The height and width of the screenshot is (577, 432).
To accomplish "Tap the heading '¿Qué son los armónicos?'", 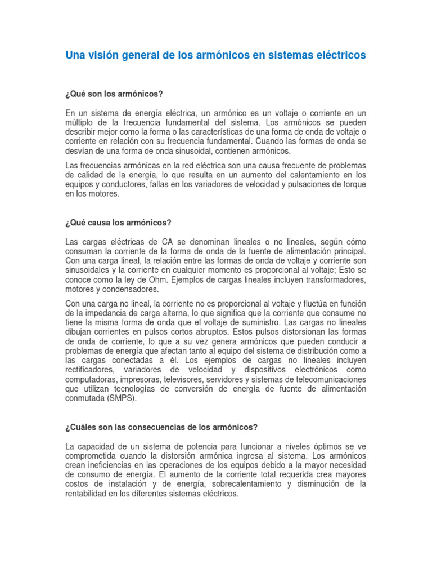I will (x=114, y=93).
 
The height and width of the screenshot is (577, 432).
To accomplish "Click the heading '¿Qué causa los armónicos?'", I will (x=118, y=223).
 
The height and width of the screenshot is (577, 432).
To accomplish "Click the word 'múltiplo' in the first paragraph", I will (x=82, y=122).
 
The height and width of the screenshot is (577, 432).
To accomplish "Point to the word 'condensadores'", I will (x=133, y=289).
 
